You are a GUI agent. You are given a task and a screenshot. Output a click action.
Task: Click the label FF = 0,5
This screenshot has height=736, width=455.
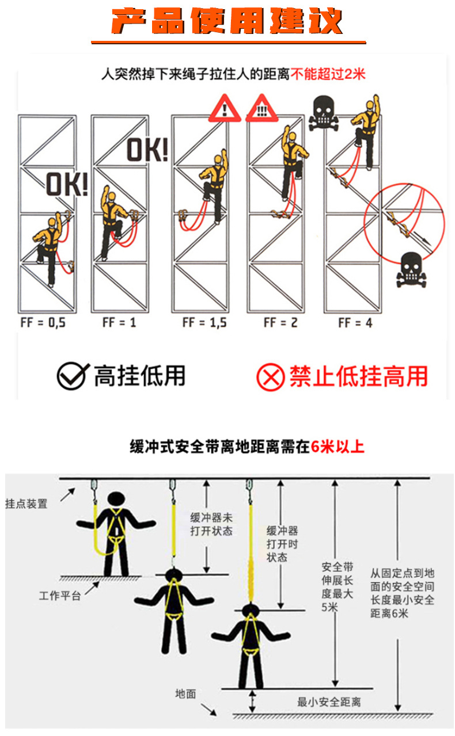[43, 322]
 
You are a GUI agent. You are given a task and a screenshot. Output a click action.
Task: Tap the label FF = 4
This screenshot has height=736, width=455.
[355, 322]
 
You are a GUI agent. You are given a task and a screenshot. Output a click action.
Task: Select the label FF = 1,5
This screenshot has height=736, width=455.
[204, 322]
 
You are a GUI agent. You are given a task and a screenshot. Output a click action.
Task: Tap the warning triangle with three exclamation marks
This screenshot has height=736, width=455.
[262, 109]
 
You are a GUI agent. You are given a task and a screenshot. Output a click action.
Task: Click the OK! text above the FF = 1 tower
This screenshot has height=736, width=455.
[147, 150]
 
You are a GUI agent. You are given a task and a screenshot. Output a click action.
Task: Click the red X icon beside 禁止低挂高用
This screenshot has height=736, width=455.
[270, 377]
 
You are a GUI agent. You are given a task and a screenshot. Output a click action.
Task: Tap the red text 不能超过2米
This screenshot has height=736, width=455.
[328, 74]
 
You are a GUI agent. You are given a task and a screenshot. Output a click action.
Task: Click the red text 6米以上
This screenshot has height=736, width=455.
[338, 447]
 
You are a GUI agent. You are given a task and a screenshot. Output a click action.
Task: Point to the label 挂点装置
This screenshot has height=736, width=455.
[26, 504]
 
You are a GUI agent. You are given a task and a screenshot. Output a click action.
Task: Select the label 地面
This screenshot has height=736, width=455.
[185, 693]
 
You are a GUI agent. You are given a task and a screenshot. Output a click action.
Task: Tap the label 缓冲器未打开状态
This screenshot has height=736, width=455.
[211, 524]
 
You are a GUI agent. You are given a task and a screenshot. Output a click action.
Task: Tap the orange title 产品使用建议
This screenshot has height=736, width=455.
[227, 22]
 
